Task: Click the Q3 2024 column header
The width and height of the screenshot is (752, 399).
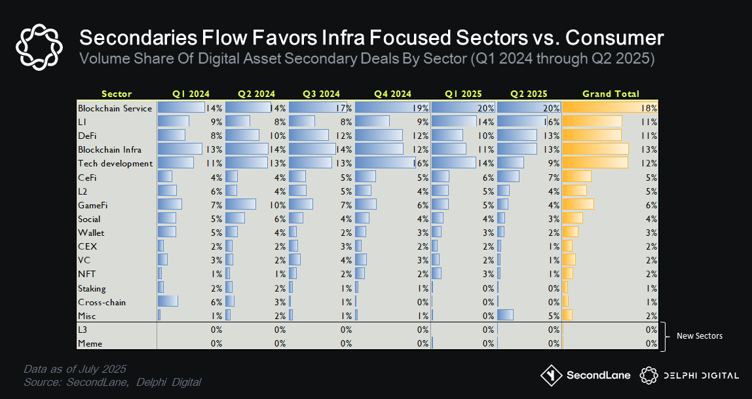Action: [321, 94]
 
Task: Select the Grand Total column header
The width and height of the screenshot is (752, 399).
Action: [610, 94]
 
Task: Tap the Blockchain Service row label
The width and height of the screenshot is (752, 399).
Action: [115, 108]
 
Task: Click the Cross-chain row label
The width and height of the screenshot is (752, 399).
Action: [102, 302]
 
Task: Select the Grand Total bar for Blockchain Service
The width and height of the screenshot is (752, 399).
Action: [609, 107]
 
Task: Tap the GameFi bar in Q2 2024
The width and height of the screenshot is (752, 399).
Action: [240, 205]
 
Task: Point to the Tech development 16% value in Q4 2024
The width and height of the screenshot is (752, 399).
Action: [421, 163]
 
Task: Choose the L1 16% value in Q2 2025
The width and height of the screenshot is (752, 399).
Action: [552, 122]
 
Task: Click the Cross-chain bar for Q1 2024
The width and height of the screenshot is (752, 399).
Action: [168, 302]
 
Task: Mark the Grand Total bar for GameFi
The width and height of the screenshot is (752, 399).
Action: [578, 205]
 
